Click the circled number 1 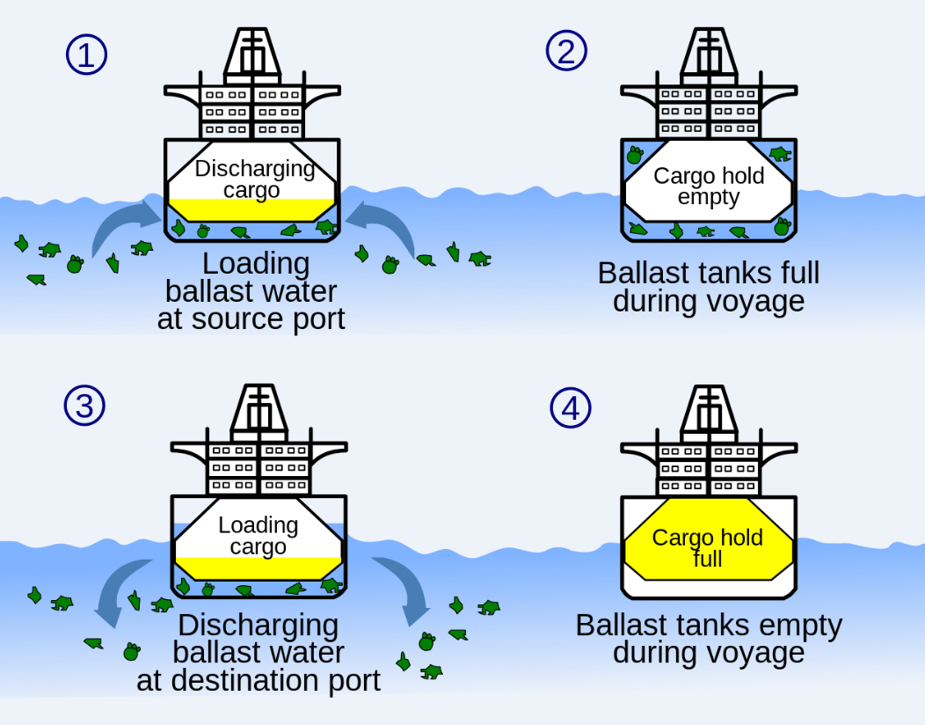coord(86,55)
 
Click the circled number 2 coord(566,51)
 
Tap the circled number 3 coord(84,405)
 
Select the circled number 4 coord(571,408)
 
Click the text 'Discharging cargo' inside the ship coord(254,179)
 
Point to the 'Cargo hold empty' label coord(709,186)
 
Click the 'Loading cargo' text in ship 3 coord(258,536)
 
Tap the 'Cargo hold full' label coord(707,548)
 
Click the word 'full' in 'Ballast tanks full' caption coord(792,273)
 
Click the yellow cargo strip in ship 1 coord(252,209)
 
